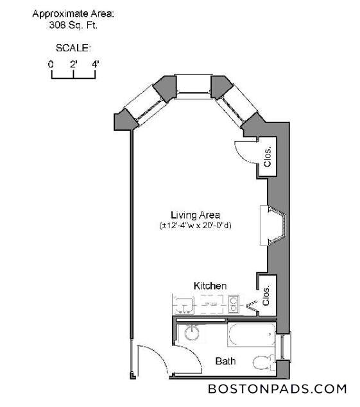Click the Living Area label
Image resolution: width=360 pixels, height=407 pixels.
[x=195, y=215]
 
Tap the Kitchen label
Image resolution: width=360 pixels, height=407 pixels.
[x=210, y=286]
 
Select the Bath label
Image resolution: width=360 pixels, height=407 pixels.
[x=225, y=361]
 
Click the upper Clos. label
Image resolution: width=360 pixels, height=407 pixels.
[x=267, y=156]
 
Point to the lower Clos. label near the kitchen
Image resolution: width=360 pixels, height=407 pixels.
[x=266, y=296]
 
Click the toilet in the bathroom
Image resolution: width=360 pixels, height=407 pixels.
[x=263, y=362]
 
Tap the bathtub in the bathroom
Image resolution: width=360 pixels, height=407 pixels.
[x=251, y=335]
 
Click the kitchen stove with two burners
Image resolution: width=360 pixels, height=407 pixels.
[x=234, y=304]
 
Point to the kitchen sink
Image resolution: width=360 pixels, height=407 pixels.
[x=184, y=305]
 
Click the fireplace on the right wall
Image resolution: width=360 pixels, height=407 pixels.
[x=273, y=226]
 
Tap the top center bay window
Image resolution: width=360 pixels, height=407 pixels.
[x=193, y=87]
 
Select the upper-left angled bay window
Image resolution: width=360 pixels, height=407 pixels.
[x=146, y=106]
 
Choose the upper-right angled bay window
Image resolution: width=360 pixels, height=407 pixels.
[x=237, y=106]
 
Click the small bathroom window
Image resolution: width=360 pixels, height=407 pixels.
[x=283, y=347]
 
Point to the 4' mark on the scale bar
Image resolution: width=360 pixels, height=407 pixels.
[x=96, y=64]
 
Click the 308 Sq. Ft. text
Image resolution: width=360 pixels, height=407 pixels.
[x=73, y=26]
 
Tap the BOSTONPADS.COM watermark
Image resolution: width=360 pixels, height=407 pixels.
[x=277, y=389]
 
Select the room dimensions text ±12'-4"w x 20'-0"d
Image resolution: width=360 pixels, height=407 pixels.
[x=195, y=226]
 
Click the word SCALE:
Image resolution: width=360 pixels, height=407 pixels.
[x=73, y=48]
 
